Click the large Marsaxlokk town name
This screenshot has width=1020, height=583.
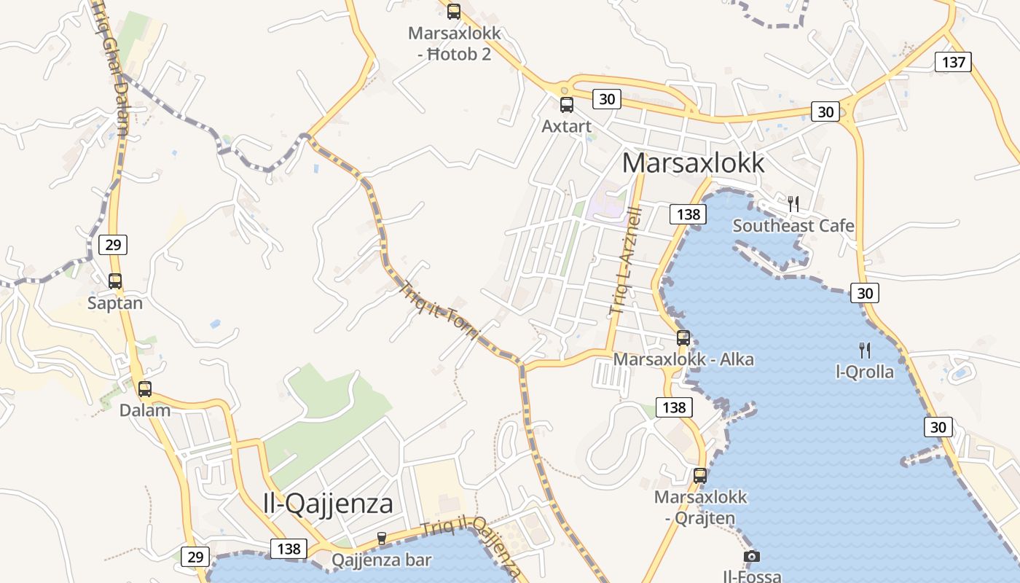(694, 163)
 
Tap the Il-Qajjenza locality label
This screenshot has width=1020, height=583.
(328, 503)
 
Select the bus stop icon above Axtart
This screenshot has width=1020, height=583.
(567, 105)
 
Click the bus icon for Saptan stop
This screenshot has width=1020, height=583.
(115, 281)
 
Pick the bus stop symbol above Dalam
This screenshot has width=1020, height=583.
(145, 389)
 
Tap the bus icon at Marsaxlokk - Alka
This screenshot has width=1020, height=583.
(683, 338)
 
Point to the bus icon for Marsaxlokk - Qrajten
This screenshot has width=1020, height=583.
(700, 476)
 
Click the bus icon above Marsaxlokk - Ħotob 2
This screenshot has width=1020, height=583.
(454, 11)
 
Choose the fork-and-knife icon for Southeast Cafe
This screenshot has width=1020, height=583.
(793, 204)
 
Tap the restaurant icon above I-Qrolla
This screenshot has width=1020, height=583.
(865, 351)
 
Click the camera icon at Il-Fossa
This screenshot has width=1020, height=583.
(752, 557)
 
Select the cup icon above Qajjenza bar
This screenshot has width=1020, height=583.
(381, 539)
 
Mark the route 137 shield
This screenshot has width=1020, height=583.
(954, 62)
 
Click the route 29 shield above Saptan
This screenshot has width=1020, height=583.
(113, 244)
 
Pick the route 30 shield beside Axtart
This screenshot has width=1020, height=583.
(606, 99)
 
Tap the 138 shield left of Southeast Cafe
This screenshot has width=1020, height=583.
(688, 214)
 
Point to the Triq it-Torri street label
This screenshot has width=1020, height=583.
(440, 311)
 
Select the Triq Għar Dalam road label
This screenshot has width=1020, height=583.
(114, 69)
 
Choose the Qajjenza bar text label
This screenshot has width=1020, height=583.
(382, 560)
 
